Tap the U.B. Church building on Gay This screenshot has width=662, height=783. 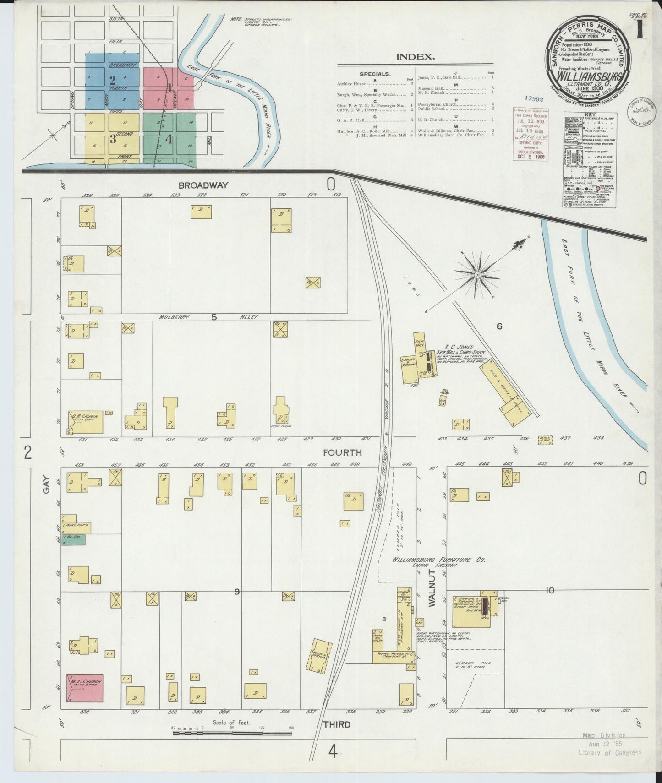[x=86, y=422]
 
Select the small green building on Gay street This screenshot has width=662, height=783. [x=73, y=540]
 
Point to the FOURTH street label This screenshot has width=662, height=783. [x=342, y=453]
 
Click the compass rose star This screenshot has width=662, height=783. [x=477, y=275]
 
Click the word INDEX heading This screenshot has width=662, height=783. [x=415, y=57]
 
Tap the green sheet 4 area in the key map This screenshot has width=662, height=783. [x=169, y=138]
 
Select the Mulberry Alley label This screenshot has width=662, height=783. [x=208, y=317]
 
